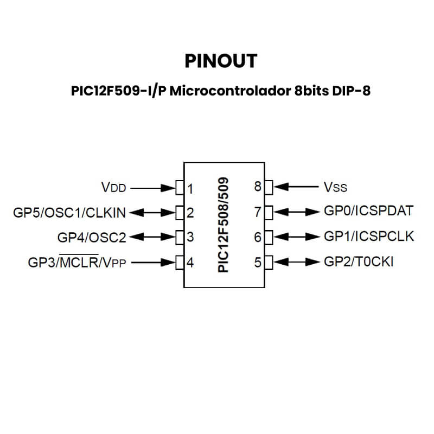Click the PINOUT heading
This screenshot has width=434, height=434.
[x=220, y=61]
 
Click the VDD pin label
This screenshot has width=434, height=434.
[x=113, y=188]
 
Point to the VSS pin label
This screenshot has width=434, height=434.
[x=335, y=188]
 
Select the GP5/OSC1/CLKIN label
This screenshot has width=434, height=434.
[x=69, y=213]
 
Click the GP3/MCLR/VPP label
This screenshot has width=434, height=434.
[x=77, y=263]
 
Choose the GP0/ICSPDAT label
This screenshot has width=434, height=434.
[x=368, y=211]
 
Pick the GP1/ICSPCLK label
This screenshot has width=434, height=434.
[x=368, y=236]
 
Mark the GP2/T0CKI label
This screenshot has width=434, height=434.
[x=359, y=262]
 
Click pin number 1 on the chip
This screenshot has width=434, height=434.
[x=190, y=189]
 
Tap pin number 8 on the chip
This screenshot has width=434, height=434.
[x=258, y=187]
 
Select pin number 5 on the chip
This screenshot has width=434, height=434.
[x=258, y=263]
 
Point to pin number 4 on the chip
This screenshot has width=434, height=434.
[x=190, y=264]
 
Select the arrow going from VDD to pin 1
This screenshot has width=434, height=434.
[x=152, y=188]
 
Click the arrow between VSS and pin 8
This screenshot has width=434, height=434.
[x=296, y=187]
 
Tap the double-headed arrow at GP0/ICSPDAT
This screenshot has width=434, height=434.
[x=296, y=211]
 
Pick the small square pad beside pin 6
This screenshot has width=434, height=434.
[x=267, y=237]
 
